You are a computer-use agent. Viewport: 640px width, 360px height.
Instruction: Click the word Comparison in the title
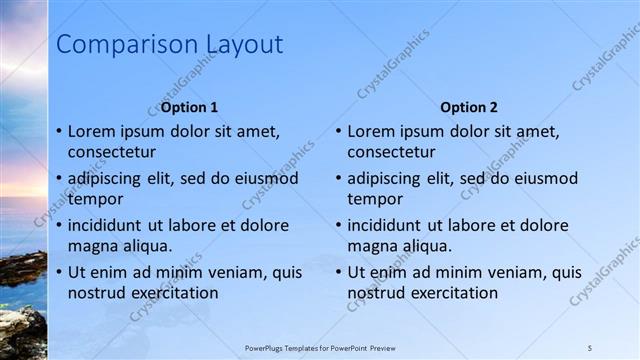[115, 45]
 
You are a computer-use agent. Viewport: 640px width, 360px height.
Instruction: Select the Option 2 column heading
[469, 107]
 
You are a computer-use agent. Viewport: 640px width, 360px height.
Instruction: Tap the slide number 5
[590, 347]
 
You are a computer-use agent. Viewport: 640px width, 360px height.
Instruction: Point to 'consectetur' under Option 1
[112, 153]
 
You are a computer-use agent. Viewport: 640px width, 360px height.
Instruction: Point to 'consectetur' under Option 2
[392, 153]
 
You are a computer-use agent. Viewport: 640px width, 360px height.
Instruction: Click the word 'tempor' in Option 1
[95, 199]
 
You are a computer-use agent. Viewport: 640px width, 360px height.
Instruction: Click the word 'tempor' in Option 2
[375, 199]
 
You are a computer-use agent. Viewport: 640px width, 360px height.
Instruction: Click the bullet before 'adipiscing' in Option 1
[59, 178]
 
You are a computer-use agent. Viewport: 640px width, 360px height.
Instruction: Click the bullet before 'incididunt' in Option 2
[339, 225]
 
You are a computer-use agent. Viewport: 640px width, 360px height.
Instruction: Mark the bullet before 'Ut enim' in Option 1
[59, 272]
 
